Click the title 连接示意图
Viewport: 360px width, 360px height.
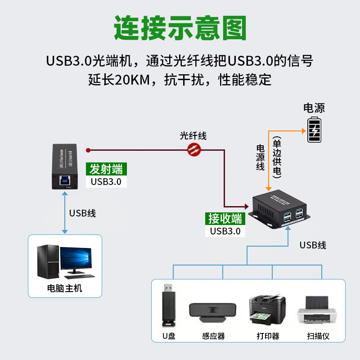click(180, 28)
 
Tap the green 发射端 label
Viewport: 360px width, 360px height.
click(106, 169)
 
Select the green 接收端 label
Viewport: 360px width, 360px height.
click(225, 218)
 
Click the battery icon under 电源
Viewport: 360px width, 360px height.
click(314, 130)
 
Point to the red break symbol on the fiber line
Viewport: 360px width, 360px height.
click(194, 149)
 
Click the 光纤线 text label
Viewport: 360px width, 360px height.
click(193, 135)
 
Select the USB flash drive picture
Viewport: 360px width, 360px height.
click(167, 306)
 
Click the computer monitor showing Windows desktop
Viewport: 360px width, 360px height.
click(77, 261)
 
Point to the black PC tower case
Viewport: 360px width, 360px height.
click(47, 262)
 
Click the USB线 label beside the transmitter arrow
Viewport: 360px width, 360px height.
click(82, 213)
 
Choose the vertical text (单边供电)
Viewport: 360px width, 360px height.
click(276, 157)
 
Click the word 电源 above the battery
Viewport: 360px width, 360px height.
click(314, 108)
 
